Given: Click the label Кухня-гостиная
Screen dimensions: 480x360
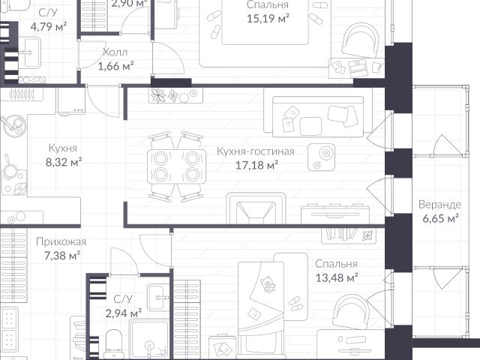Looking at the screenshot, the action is coord(256,151).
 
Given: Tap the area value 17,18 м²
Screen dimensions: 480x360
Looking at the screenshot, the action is coord(256,165).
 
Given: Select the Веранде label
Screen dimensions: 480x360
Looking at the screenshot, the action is coord(439,204).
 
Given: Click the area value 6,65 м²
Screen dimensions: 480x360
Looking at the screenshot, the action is coord(440,218).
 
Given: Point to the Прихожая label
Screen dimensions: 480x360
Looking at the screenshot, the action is coord(61,241).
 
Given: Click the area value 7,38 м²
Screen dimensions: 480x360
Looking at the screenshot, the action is coord(62,255).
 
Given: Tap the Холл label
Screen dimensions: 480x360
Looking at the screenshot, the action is coord(115,52).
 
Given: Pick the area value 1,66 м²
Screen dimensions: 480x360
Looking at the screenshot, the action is coord(115,66).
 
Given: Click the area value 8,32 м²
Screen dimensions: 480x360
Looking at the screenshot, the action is coord(64,162).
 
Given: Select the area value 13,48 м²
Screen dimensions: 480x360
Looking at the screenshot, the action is coord(337,278).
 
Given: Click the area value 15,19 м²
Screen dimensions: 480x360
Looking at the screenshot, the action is coord(268,18).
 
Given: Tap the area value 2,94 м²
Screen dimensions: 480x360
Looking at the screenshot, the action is coord(123,313).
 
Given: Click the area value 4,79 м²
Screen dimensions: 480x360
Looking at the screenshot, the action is coord(49,26).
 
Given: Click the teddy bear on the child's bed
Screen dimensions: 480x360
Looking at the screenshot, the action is coord(268,284).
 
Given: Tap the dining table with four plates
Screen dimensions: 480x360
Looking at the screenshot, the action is coord(176,166).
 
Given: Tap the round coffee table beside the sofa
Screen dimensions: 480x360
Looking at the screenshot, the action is coord(321,157).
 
